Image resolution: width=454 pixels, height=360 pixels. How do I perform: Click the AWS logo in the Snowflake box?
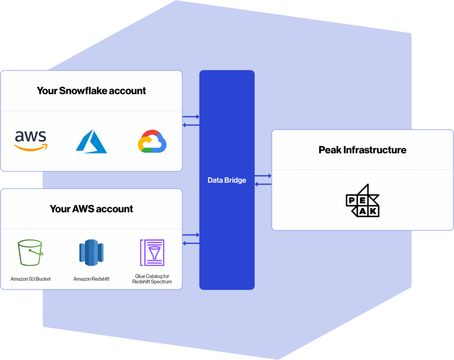31,141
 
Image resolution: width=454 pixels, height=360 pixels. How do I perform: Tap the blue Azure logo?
91,141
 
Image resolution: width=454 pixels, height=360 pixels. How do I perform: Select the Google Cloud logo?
152,141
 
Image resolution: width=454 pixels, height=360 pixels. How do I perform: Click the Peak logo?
363,200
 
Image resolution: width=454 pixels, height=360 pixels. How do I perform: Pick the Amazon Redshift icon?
91,253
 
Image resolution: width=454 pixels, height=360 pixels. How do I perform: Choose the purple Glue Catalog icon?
152,253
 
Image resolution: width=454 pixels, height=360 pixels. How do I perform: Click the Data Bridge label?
227,180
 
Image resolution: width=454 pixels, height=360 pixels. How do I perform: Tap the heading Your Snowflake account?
91,91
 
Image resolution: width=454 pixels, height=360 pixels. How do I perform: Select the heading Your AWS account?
91,209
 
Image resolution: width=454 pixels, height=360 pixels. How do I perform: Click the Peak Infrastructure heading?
362,150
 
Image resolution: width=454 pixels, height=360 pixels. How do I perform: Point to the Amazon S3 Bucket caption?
31,279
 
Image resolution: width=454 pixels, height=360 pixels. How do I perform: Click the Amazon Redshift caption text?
91,279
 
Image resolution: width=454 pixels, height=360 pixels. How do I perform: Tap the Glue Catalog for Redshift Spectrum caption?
152,279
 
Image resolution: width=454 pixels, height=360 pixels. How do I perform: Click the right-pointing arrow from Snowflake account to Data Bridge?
191,117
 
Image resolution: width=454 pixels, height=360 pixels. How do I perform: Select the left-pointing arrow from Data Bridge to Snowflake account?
191,125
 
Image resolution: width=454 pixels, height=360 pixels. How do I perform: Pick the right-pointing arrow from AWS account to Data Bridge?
191,235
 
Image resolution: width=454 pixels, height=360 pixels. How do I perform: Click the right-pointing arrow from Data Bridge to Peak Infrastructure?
263,176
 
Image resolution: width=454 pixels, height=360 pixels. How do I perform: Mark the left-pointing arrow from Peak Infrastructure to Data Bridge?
263,184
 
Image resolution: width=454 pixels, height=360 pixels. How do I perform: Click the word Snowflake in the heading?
83,91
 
